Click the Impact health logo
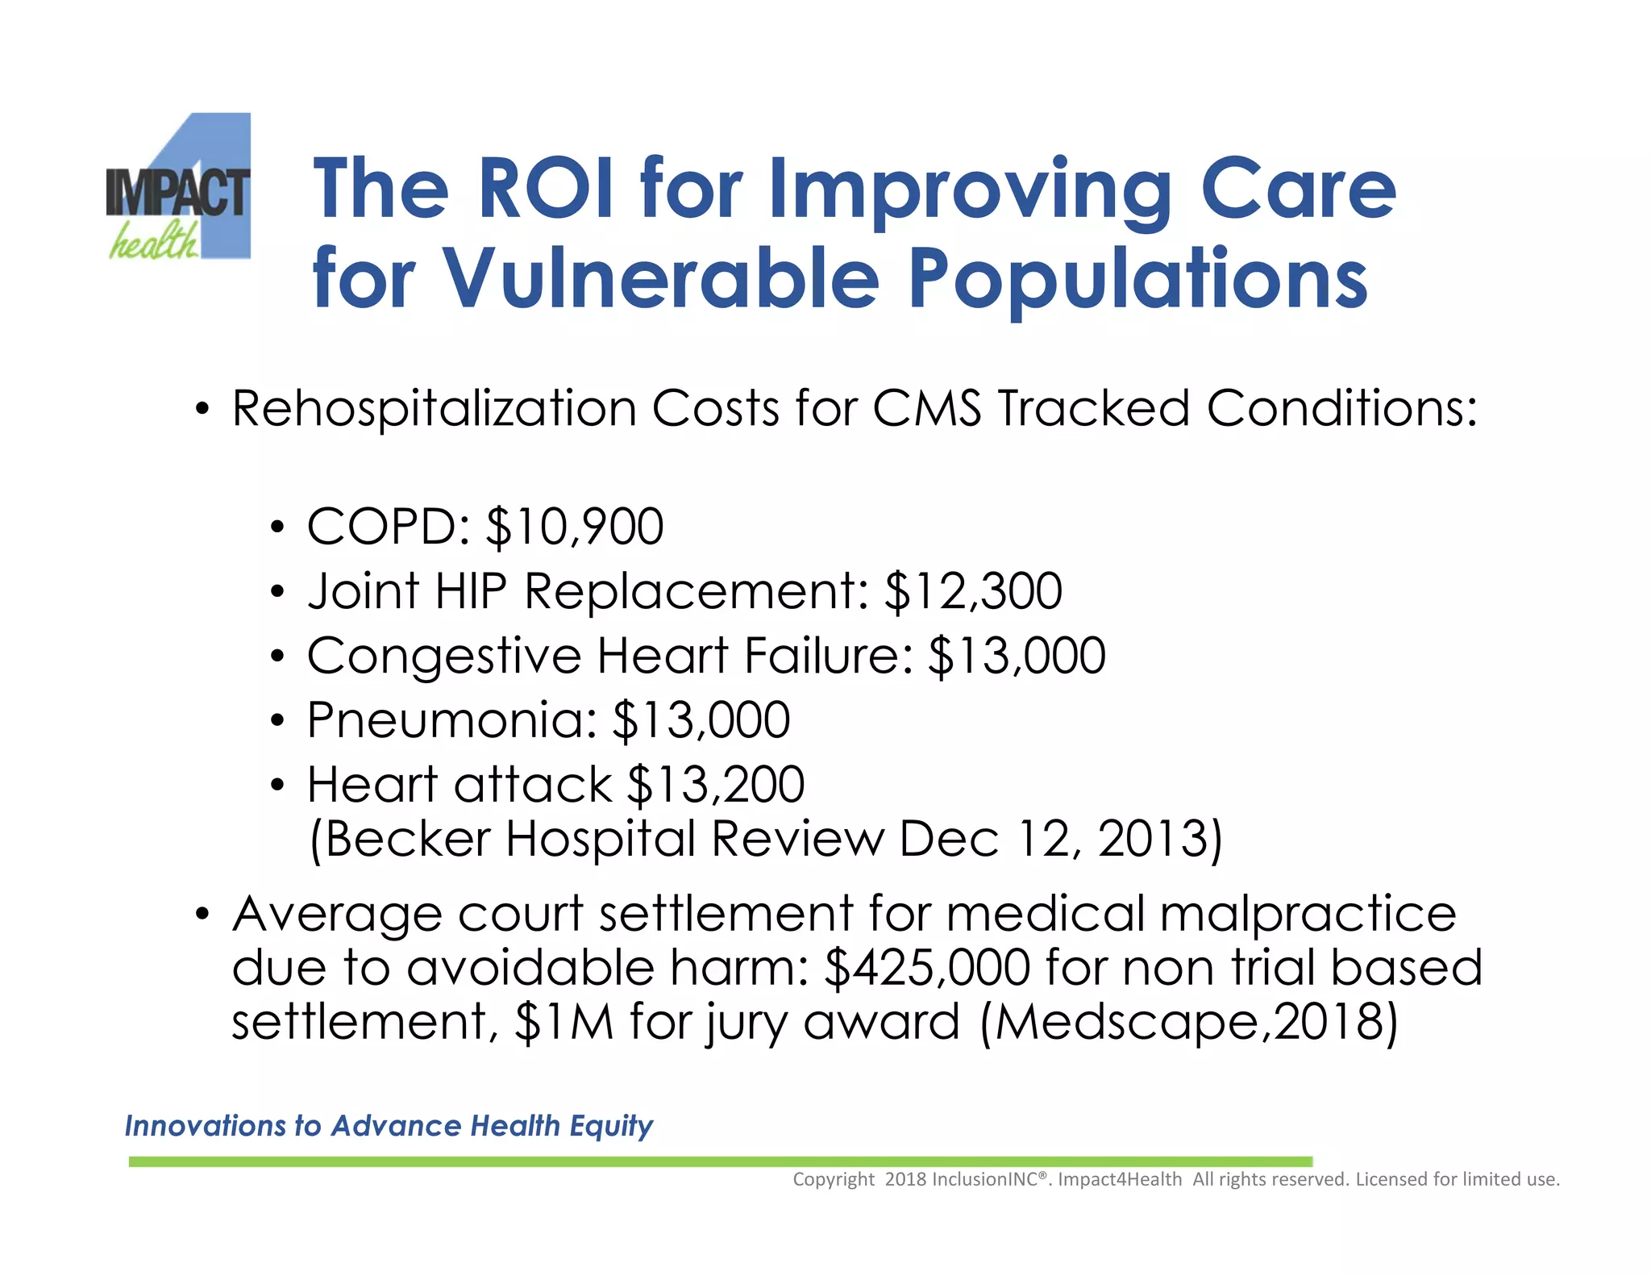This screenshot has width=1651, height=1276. coord(179,187)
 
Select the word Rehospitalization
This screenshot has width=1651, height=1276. coord(434,408)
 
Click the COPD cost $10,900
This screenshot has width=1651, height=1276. coord(575,527)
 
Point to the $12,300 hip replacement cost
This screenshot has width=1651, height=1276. coord(973,591)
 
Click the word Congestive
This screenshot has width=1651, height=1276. coord(444,656)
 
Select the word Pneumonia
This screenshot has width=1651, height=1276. coord(451,720)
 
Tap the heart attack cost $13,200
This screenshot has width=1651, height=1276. coord(716,785)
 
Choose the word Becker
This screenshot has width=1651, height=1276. coord(408,840)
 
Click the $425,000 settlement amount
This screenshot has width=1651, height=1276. coord(927,968)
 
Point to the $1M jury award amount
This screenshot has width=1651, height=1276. coord(564,1023)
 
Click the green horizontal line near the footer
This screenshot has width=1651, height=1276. coord(720,1161)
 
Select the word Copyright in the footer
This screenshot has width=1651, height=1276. coord(833,1179)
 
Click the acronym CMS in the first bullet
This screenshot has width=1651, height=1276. coord(927,408)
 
